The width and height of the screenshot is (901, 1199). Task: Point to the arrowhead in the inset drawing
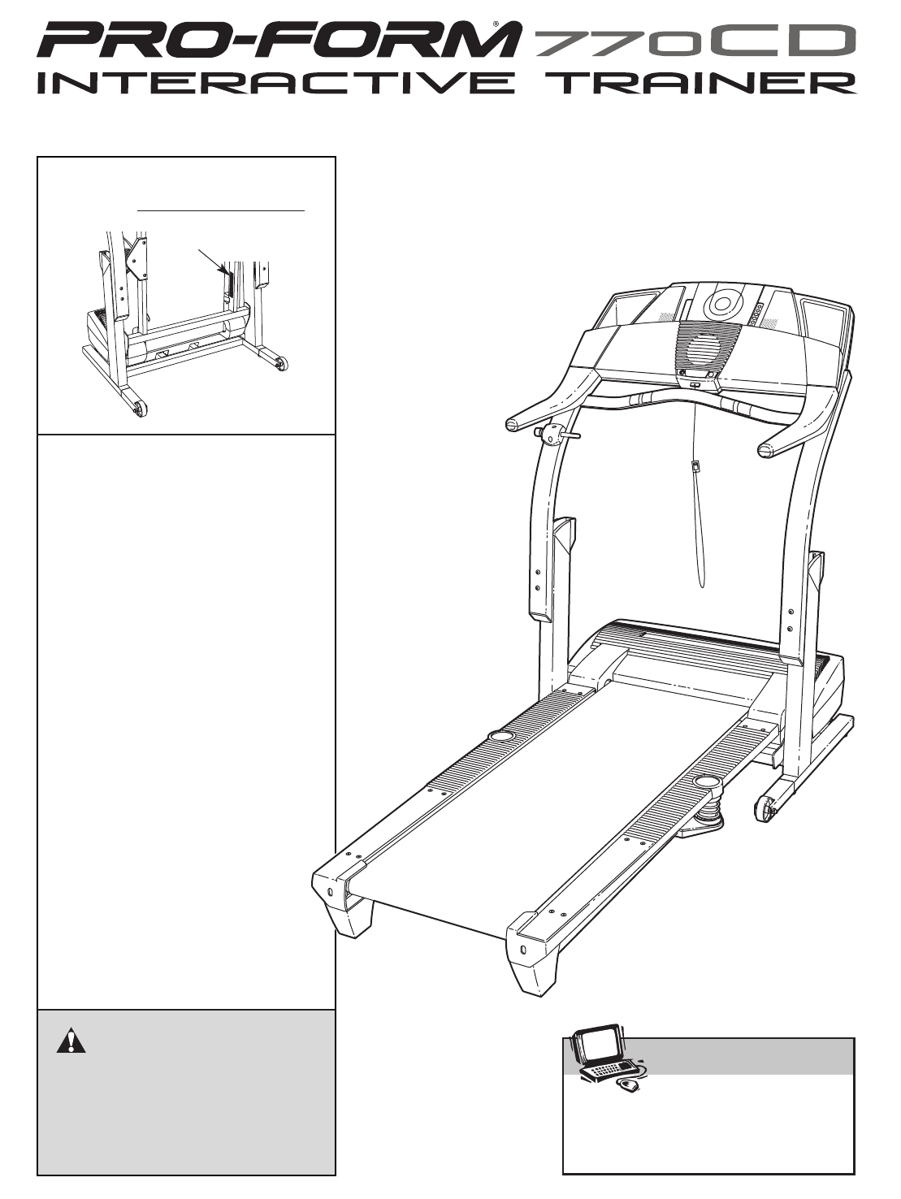pos(224,270)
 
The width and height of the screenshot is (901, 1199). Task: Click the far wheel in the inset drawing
pos(282,365)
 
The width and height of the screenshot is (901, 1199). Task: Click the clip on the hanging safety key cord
pos(696,465)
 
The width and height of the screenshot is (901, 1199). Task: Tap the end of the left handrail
pos(513,424)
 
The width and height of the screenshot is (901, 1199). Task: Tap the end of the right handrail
pos(765,450)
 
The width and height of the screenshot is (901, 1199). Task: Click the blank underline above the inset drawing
pos(221,210)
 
